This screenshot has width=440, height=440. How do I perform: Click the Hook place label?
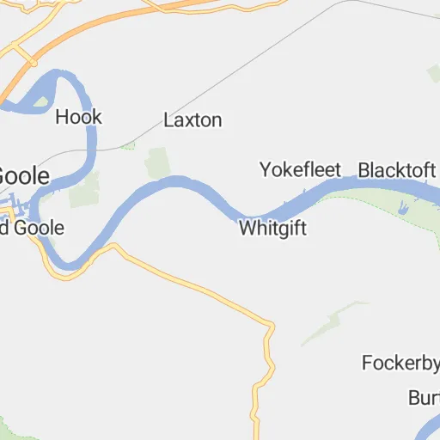click(x=78, y=117)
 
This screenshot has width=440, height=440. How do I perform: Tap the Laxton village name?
click(x=192, y=120)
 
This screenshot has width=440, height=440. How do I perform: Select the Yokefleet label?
click(x=301, y=169)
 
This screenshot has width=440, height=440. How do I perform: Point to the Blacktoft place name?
click(x=396, y=169)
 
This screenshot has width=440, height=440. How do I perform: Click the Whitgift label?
click(x=272, y=229)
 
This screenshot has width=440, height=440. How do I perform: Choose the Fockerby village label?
click(x=400, y=363)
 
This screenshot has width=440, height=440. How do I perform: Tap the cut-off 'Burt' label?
click(x=423, y=399)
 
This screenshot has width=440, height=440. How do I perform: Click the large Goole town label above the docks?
click(x=24, y=174)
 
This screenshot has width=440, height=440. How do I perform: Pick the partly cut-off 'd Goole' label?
click(x=32, y=229)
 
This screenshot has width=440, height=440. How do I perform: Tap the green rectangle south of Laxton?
click(x=156, y=163)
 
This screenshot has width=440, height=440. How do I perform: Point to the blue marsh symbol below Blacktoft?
click(x=402, y=206)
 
